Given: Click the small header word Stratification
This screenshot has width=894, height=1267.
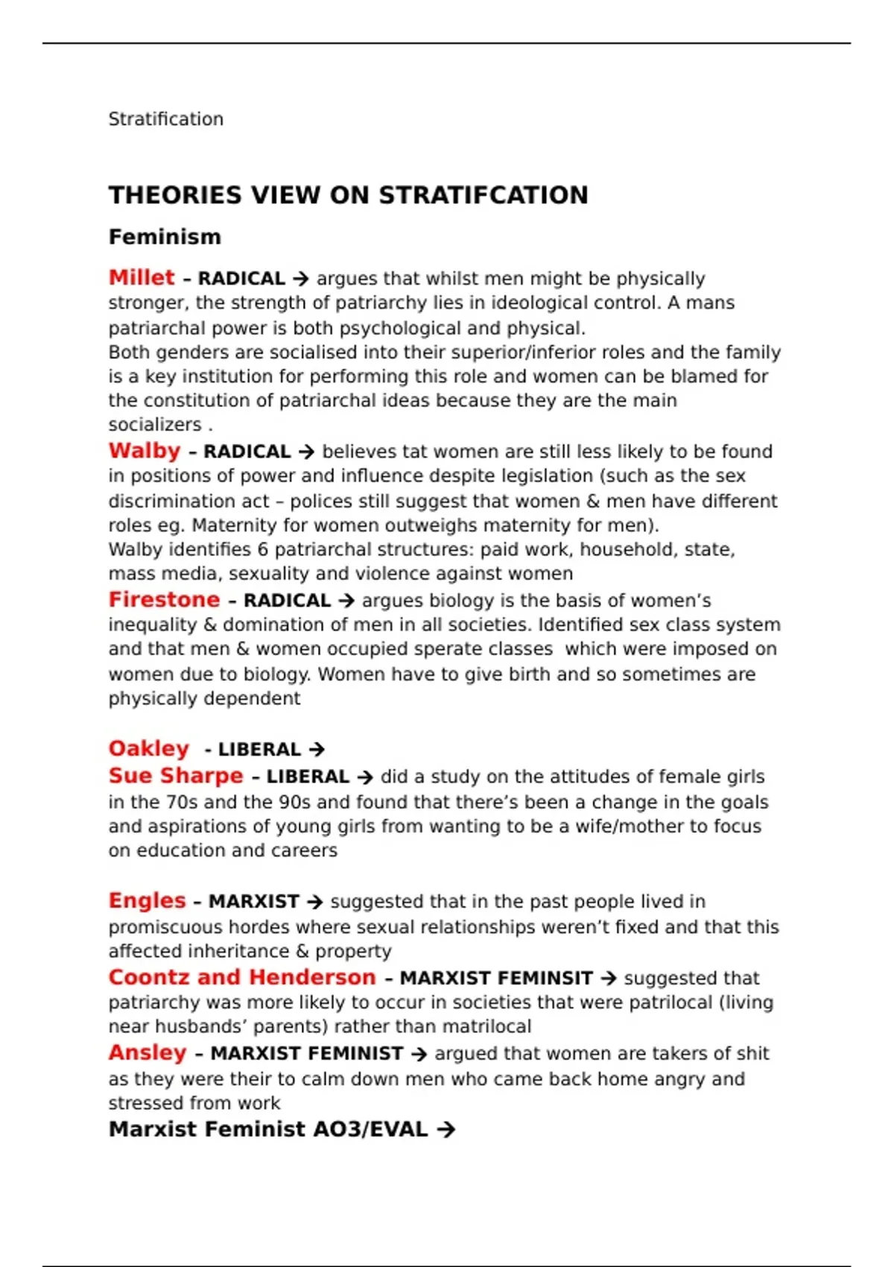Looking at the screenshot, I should coord(165,119).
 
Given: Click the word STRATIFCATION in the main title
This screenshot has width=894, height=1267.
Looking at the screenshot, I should coord(484,195).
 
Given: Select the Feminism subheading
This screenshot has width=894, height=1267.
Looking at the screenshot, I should coord(165,237).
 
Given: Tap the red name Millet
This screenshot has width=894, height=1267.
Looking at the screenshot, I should coord(142,278).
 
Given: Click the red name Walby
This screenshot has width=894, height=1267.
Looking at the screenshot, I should coord(145,451).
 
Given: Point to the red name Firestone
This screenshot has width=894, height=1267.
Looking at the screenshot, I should coord(164,600).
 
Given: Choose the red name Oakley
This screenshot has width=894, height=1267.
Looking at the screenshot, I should coord(149,749).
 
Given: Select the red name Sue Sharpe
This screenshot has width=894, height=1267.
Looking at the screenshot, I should coord(176,776).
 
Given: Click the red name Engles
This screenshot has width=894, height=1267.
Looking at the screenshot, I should coord(147,901).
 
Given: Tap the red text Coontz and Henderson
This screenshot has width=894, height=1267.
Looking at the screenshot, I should coord(242,977).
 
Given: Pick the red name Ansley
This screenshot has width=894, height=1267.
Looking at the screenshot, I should coord(148,1053).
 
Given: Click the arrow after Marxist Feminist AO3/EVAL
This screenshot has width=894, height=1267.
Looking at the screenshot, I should coord(446,1130).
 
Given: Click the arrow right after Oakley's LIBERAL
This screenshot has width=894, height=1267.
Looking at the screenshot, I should coord(317,750).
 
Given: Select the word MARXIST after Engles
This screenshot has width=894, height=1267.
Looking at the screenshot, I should coord(253,902).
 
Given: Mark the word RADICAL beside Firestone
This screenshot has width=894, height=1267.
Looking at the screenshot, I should coord(287,601).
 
